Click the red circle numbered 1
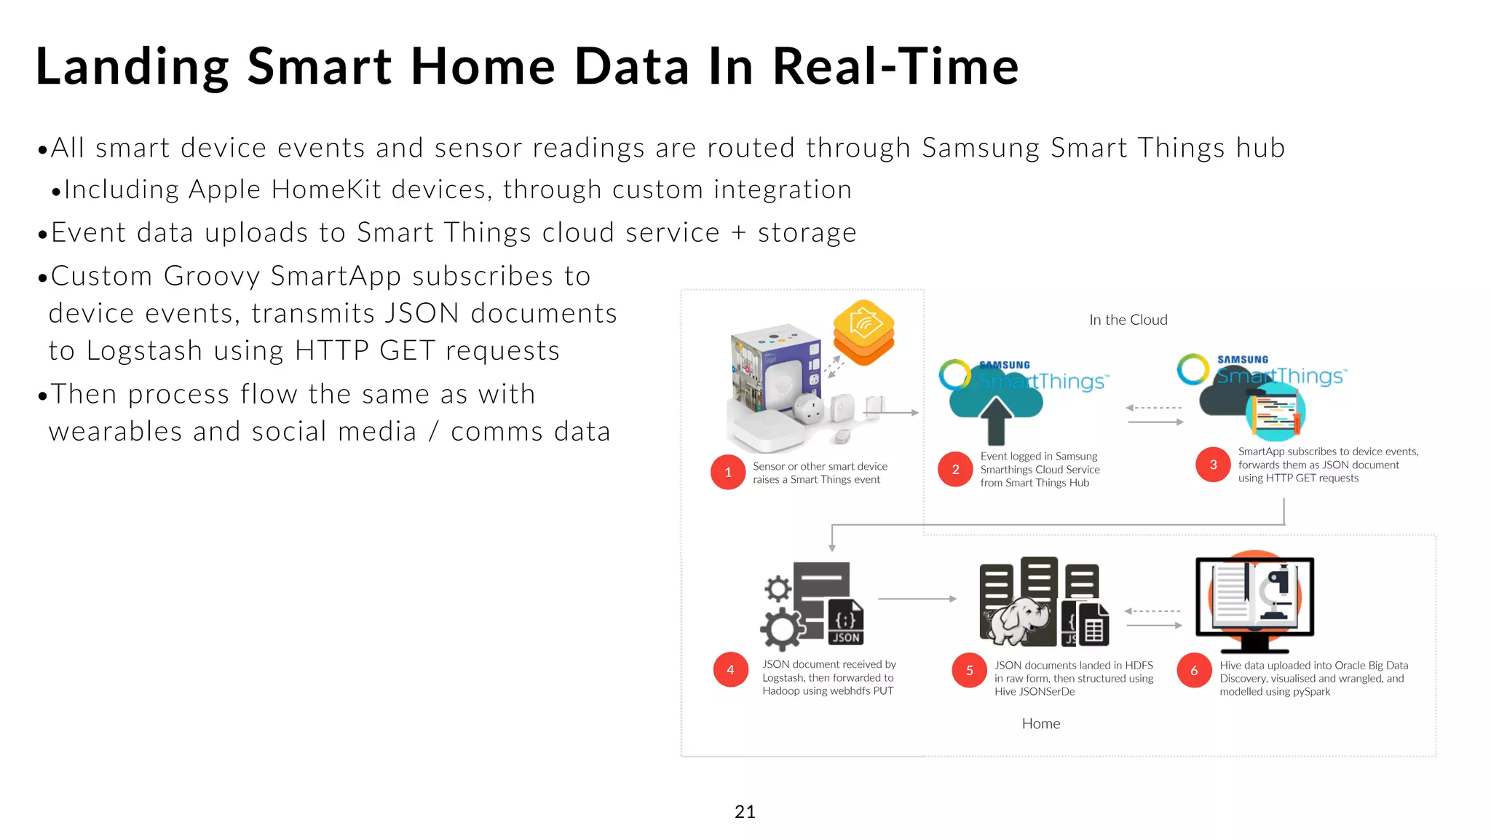click(x=727, y=472)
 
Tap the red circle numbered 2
click(x=955, y=469)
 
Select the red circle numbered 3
click(x=1213, y=465)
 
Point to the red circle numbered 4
click(x=730, y=669)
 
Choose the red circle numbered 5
click(x=969, y=670)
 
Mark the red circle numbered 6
click(x=1194, y=670)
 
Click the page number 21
click(x=745, y=811)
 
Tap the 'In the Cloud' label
click(x=1128, y=320)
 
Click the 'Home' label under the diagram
click(x=1040, y=723)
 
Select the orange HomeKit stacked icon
click(x=863, y=331)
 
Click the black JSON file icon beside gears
click(x=845, y=623)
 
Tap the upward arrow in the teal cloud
click(x=996, y=420)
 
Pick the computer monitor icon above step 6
click(x=1254, y=601)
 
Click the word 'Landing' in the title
click(x=132, y=67)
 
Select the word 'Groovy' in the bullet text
click(x=211, y=277)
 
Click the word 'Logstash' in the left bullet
click(x=143, y=351)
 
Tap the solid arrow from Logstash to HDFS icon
click(x=917, y=599)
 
